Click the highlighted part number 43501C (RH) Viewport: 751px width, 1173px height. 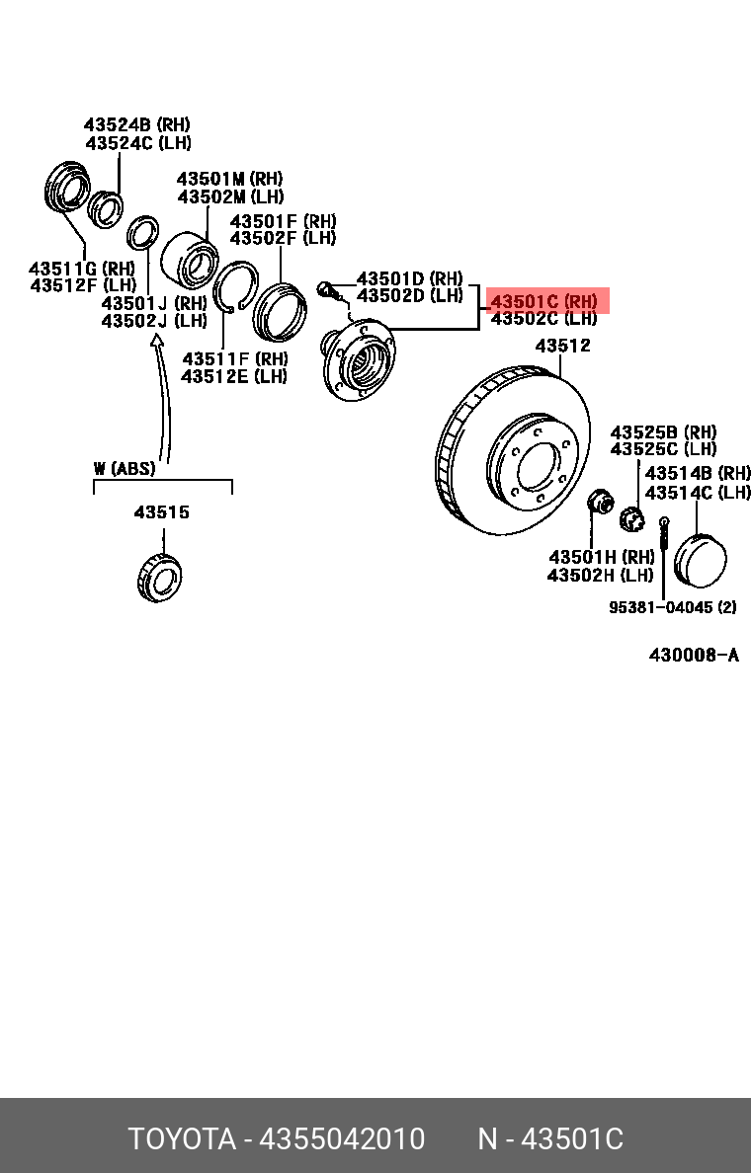point(544,301)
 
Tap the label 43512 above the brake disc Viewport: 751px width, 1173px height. point(563,346)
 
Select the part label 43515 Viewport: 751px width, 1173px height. point(162,512)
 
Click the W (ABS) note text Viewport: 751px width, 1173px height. point(125,469)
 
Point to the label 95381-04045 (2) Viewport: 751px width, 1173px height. point(672,607)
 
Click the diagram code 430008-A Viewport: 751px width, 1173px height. point(694,656)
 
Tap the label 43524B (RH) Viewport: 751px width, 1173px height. point(136,125)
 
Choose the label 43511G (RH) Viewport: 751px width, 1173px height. point(81,269)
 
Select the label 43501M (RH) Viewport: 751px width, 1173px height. point(229,179)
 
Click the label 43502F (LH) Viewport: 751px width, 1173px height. point(283,238)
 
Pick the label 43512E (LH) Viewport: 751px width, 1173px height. point(234,376)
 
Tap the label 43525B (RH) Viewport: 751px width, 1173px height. point(663,432)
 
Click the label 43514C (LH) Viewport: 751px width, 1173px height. point(698,492)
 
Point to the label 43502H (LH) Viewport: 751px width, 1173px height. point(600,575)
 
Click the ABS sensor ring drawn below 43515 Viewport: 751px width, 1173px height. point(158,578)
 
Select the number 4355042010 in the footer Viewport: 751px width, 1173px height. point(342,1139)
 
